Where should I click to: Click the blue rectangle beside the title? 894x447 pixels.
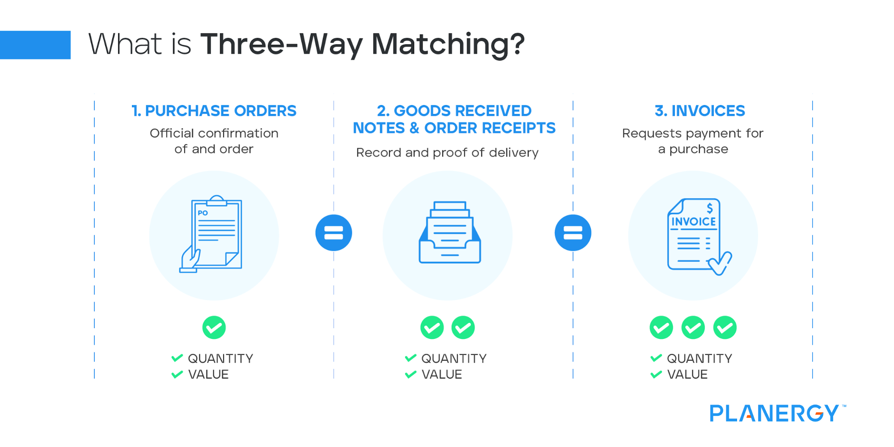pyautogui.click(x=35, y=45)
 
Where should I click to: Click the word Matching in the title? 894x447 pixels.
pyautogui.click(x=448, y=45)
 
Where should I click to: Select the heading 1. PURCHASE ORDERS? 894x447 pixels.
pyautogui.click(x=214, y=111)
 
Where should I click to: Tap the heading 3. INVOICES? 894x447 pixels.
pyautogui.click(x=699, y=111)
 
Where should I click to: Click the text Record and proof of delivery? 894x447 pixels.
pyautogui.click(x=447, y=153)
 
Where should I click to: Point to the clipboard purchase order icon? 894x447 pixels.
pyautogui.click(x=212, y=234)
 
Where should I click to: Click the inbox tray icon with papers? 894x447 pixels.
pyautogui.click(x=449, y=233)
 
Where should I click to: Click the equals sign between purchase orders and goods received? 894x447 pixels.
pyautogui.click(x=334, y=233)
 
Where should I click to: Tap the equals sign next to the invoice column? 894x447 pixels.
pyautogui.click(x=573, y=233)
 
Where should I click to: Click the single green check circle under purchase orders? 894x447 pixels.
pyautogui.click(x=214, y=328)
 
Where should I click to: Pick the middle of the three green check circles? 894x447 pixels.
pyautogui.click(x=693, y=328)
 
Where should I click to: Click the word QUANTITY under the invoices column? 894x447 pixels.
pyautogui.click(x=699, y=358)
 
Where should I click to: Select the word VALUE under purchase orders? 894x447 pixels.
pyautogui.click(x=208, y=375)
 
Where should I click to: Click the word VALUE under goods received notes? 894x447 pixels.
pyautogui.click(x=441, y=375)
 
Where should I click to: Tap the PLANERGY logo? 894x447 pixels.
pyautogui.click(x=775, y=413)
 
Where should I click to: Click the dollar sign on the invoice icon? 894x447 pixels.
pyautogui.click(x=710, y=208)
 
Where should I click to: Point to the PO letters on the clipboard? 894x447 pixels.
pyautogui.click(x=203, y=213)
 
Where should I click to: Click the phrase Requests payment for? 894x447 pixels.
pyautogui.click(x=692, y=133)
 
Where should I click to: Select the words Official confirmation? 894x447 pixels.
pyautogui.click(x=214, y=133)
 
